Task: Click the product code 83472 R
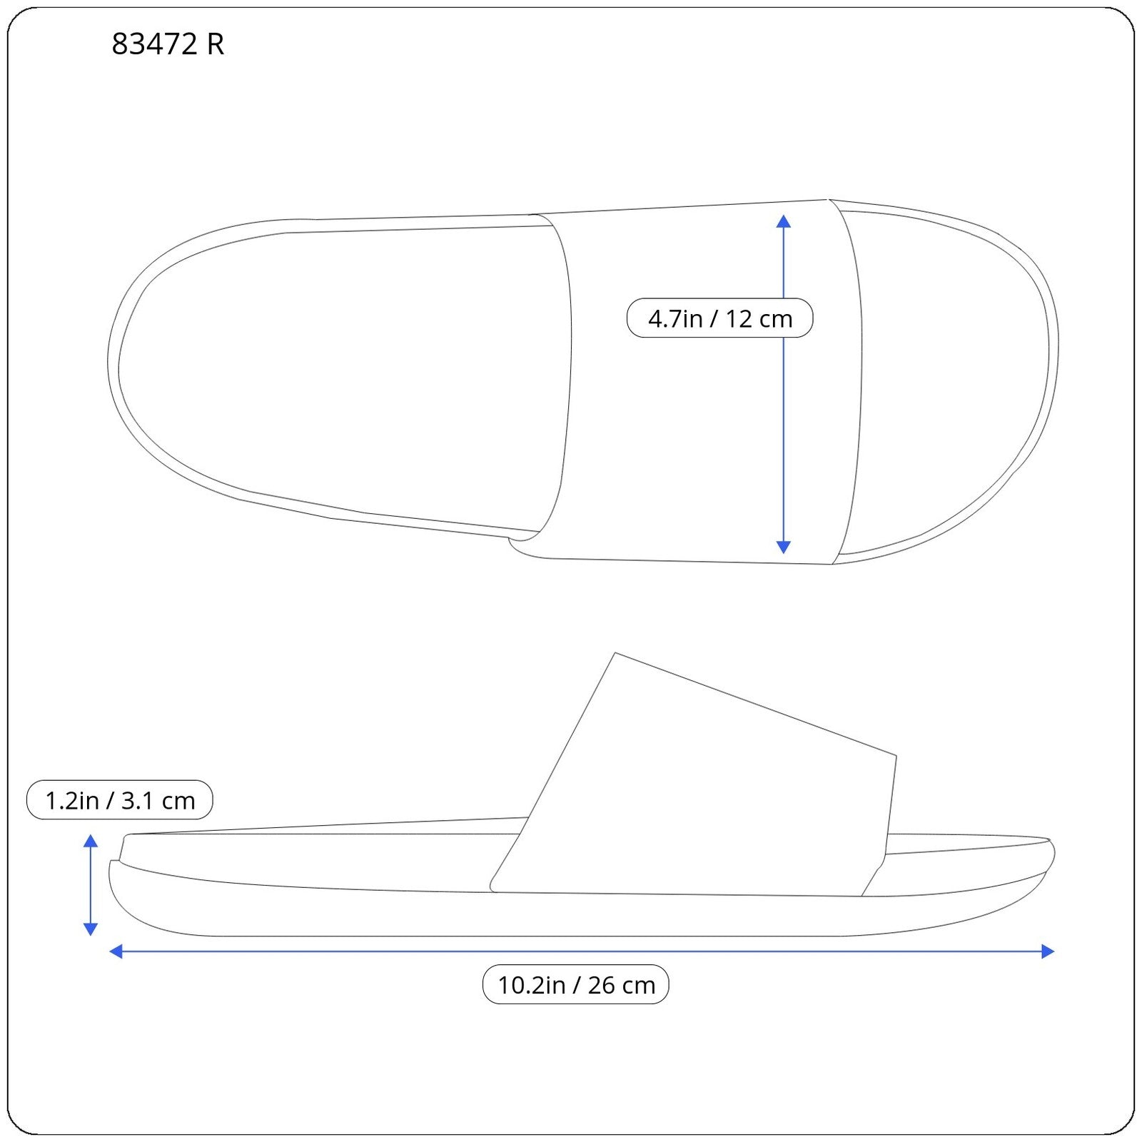(168, 44)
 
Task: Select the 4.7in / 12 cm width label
(719, 318)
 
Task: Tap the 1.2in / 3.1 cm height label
(120, 800)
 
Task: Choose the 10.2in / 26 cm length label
(576, 985)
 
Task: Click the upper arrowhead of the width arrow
(784, 221)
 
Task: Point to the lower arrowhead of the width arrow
(784, 547)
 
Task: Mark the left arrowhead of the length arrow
(116, 951)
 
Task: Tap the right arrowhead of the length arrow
(1048, 951)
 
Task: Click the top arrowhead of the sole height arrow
(91, 840)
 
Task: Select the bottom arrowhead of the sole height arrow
(91, 929)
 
